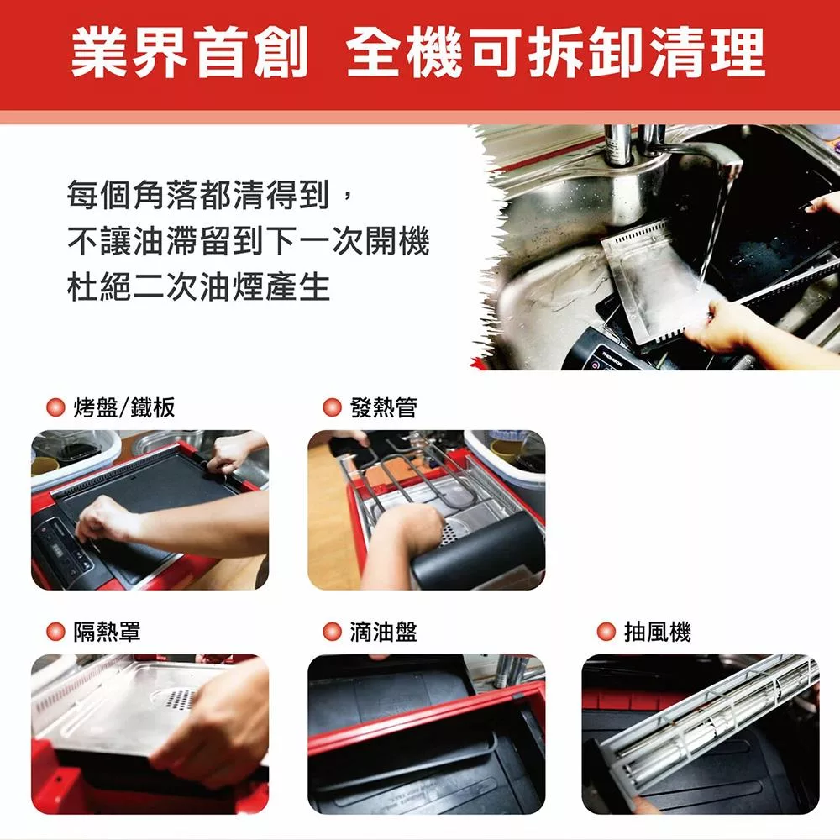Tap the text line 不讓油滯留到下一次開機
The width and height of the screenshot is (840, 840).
coord(248,242)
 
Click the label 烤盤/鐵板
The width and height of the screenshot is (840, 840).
coord(124,408)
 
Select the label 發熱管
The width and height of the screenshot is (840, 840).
coord(383,408)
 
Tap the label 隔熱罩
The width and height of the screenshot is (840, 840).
coord(108,632)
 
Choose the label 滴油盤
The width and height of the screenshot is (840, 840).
coord(383,632)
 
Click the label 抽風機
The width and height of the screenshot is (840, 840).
coord(658,632)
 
